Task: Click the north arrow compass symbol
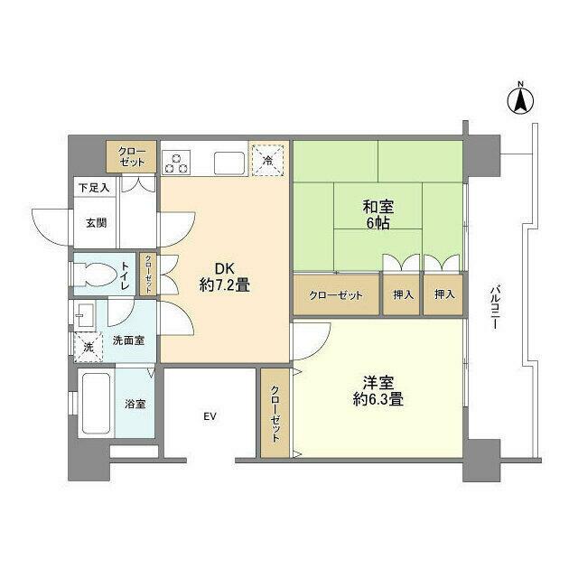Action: click(x=521, y=100)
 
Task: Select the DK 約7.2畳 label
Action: click(x=225, y=275)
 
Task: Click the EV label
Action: click(x=210, y=416)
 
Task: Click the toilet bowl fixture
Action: click(x=93, y=275)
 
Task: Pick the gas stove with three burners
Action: click(x=177, y=161)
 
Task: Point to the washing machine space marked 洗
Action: click(x=89, y=346)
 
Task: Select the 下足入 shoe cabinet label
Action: click(x=92, y=188)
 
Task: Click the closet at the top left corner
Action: click(x=131, y=157)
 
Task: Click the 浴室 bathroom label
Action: click(x=134, y=404)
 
